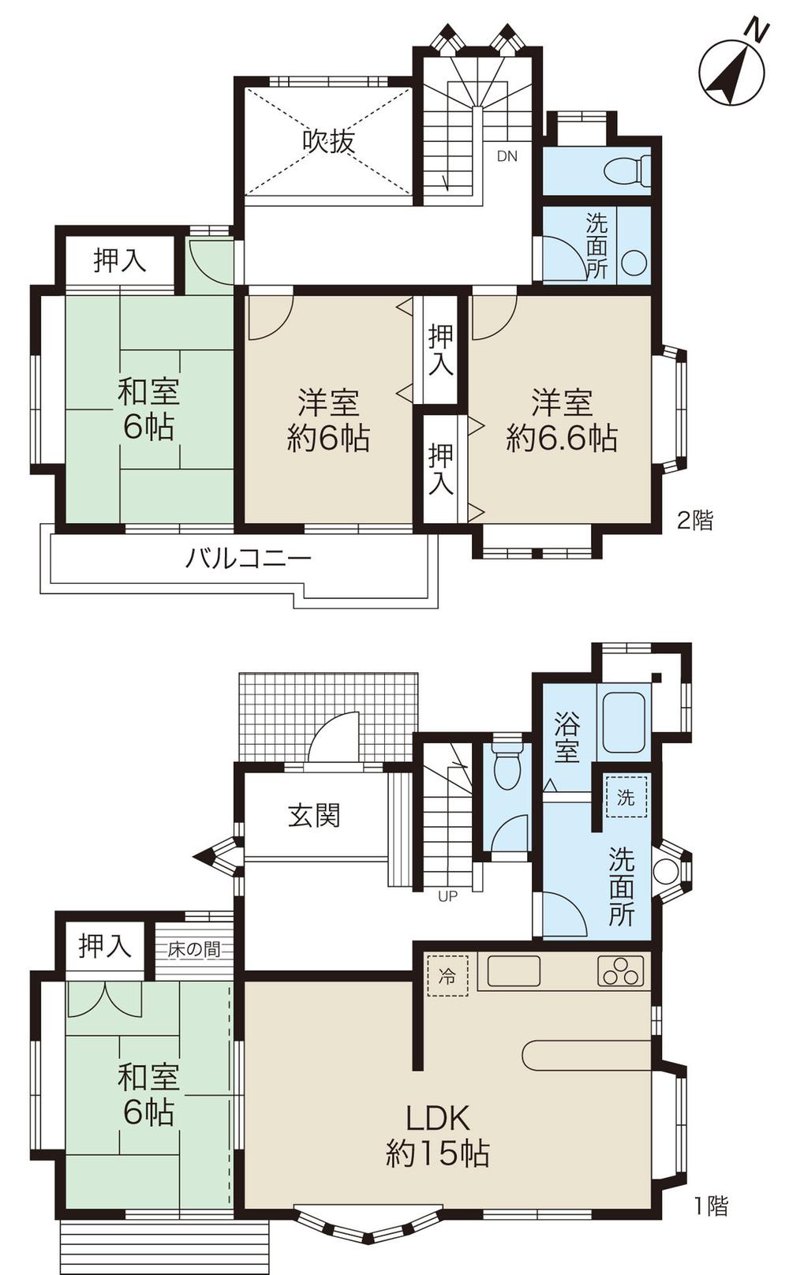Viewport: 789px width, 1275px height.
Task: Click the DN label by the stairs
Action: tap(507, 156)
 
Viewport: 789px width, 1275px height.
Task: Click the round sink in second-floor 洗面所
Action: tap(634, 263)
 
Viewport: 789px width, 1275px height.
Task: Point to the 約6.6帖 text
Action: tap(562, 438)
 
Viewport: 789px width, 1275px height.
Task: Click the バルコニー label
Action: tap(249, 559)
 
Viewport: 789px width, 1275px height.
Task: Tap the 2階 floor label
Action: tap(695, 520)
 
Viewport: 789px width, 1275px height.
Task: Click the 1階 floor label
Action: tap(710, 1206)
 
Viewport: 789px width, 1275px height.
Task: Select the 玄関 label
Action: tap(314, 815)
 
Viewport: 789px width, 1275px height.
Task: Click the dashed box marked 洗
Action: tap(626, 797)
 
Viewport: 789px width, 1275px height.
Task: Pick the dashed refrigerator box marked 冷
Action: tap(447, 976)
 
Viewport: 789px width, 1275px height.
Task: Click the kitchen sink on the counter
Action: tap(514, 971)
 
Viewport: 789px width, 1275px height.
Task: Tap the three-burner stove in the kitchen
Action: tap(622, 971)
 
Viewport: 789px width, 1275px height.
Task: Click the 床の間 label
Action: tap(193, 949)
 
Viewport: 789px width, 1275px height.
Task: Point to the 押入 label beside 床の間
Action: tap(104, 945)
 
